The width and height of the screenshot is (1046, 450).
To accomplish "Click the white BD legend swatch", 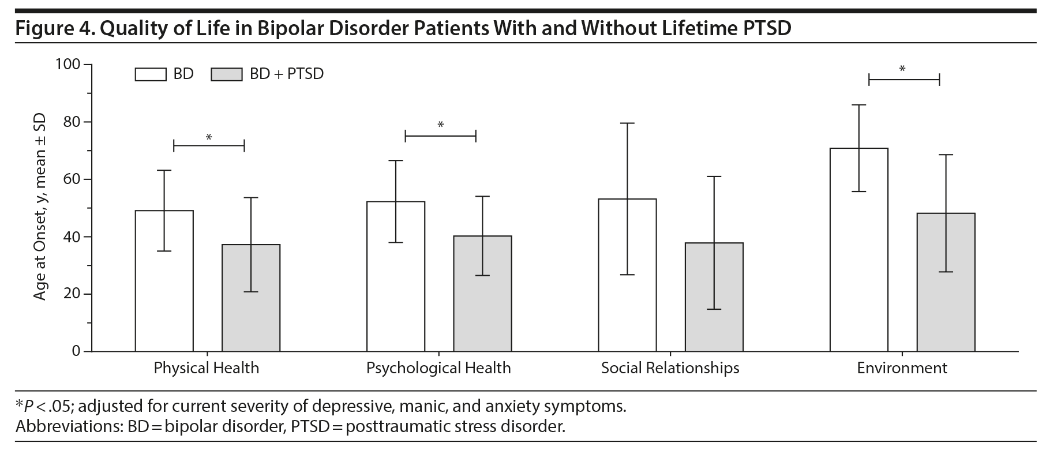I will point(151,74).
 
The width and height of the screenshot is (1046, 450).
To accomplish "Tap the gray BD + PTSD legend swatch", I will point(226,74).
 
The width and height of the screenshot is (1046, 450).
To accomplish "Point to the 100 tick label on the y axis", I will point(68,65).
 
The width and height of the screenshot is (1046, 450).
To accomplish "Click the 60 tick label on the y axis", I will point(72,179).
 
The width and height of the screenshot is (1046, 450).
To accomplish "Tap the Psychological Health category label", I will point(438,368).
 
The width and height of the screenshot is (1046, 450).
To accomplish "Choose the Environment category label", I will point(902,368).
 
